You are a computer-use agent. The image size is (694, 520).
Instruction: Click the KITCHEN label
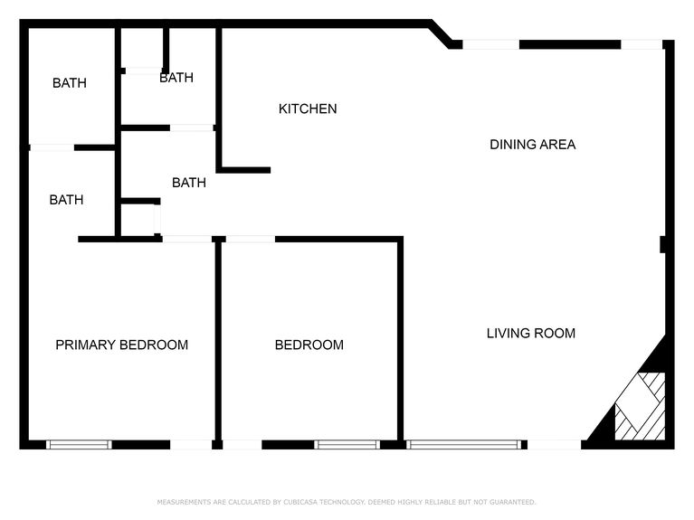[308, 109]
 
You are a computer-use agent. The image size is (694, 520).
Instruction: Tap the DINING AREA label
[532, 144]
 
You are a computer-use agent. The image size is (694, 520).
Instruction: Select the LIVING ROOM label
[531, 333]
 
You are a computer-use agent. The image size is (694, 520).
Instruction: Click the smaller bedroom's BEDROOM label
[309, 345]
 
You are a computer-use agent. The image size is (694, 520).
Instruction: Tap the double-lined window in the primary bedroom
[79, 444]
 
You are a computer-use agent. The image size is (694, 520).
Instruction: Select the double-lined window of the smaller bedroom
[347, 444]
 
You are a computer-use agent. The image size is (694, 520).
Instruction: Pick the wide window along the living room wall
[463, 444]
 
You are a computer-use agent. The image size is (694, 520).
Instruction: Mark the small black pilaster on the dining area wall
[663, 244]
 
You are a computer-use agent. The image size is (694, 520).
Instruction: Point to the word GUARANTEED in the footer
[512, 502]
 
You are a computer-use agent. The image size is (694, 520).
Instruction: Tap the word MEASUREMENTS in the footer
[186, 502]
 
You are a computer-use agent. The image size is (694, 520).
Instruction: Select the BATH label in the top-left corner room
[70, 83]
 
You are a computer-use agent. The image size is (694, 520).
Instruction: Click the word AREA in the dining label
[558, 144]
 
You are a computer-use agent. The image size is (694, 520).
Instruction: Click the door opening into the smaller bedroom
[250, 239]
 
